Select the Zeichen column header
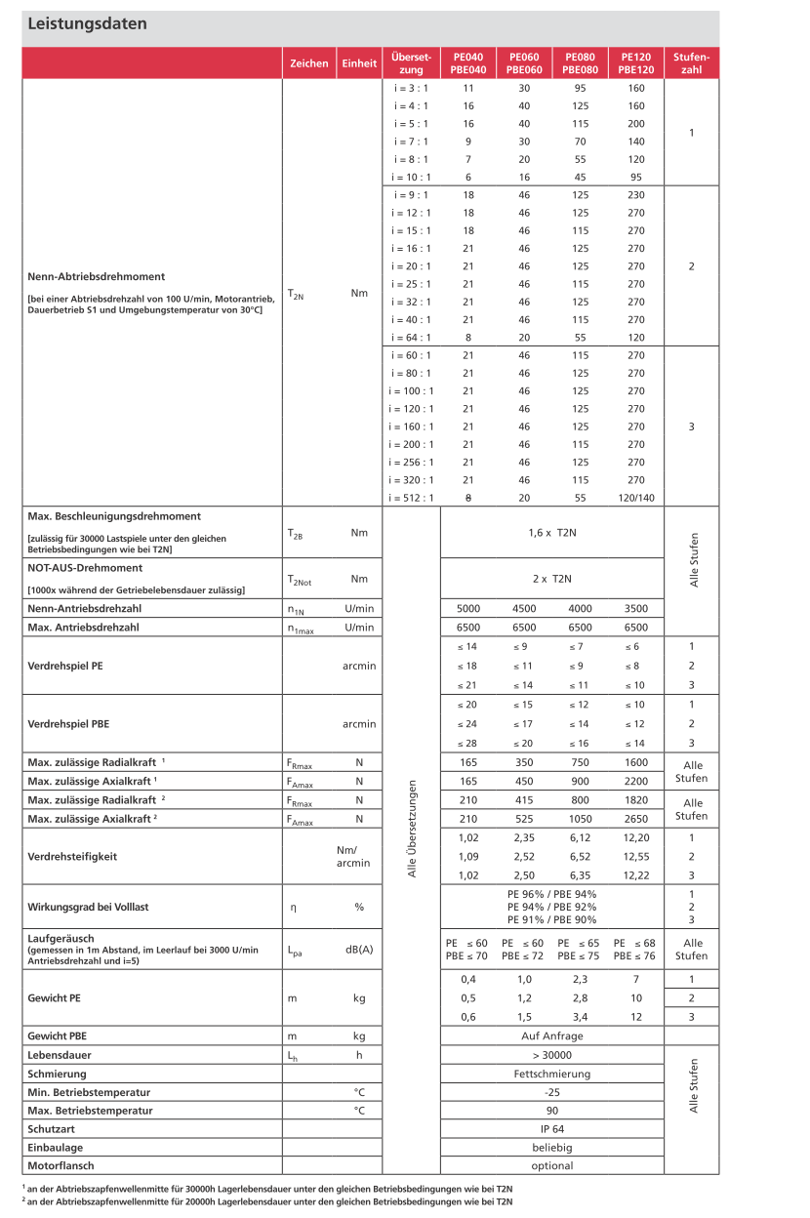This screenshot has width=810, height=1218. pyautogui.click(x=309, y=63)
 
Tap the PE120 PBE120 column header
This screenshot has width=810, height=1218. pyautogui.click(x=635, y=63)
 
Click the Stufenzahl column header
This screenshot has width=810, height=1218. pyautogui.click(x=691, y=63)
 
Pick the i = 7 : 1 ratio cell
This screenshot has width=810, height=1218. pyautogui.click(x=411, y=142)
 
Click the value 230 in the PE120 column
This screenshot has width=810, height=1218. pyautogui.click(x=636, y=195)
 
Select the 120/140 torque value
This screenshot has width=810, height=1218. pyautogui.click(x=636, y=498)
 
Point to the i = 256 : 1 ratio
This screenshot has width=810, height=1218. pyautogui.click(x=411, y=462)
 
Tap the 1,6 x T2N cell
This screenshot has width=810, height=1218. pyautogui.click(x=552, y=532)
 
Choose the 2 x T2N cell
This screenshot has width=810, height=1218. pyautogui.click(x=552, y=578)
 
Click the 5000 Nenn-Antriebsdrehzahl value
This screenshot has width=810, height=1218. pyautogui.click(x=468, y=609)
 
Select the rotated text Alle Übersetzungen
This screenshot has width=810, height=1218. pyautogui.click(x=412, y=829)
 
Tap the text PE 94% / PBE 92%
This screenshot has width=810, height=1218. pyautogui.click(x=552, y=907)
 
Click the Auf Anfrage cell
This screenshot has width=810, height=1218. pyautogui.click(x=552, y=1036)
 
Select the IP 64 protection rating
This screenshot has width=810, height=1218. pyautogui.click(x=552, y=1129)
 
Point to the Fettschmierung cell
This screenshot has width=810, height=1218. pyautogui.click(x=552, y=1074)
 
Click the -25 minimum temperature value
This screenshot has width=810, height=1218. pyautogui.click(x=552, y=1092)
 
